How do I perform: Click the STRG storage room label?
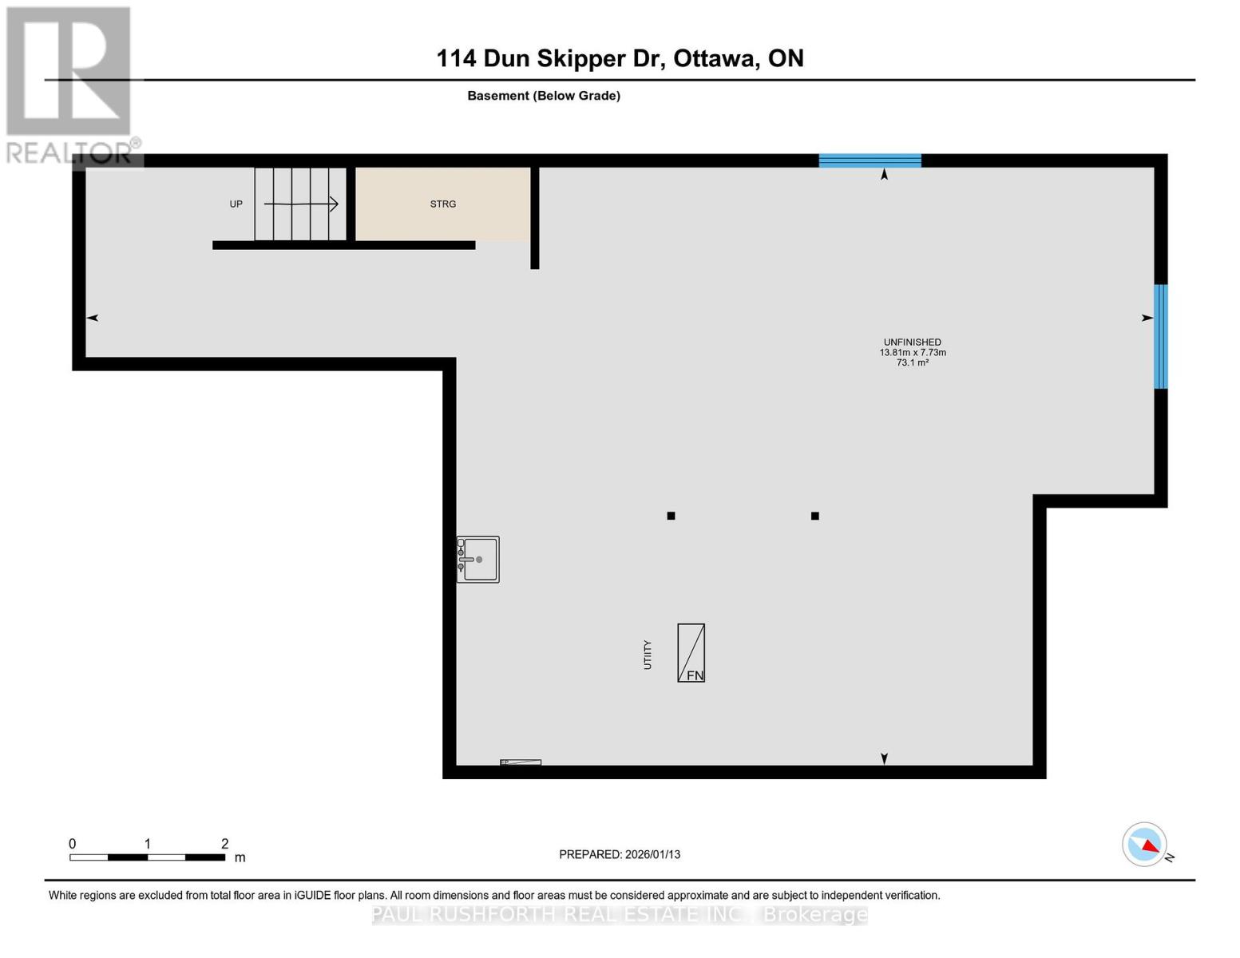pos(443,204)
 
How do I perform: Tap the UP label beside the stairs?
pos(236,204)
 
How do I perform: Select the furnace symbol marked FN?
pos(691,653)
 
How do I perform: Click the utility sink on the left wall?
pos(478,559)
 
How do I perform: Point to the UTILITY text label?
pos(648,655)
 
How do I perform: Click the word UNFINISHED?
pos(912,342)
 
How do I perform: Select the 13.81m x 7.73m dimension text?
pos(913,353)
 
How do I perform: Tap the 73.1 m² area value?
pos(912,363)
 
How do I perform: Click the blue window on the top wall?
pos(870,160)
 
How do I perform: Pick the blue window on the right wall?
pos(1161,337)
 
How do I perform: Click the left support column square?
pos(671,516)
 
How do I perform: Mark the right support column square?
pos(814,516)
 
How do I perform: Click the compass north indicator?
pos(1145,845)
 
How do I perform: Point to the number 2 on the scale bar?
pos(225,844)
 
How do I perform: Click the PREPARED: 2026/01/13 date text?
pos(620,854)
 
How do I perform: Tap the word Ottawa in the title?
pos(716,58)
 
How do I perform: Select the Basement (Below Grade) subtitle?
pos(544,96)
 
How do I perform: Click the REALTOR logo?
pos(70,84)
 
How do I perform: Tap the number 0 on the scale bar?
pos(73,844)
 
